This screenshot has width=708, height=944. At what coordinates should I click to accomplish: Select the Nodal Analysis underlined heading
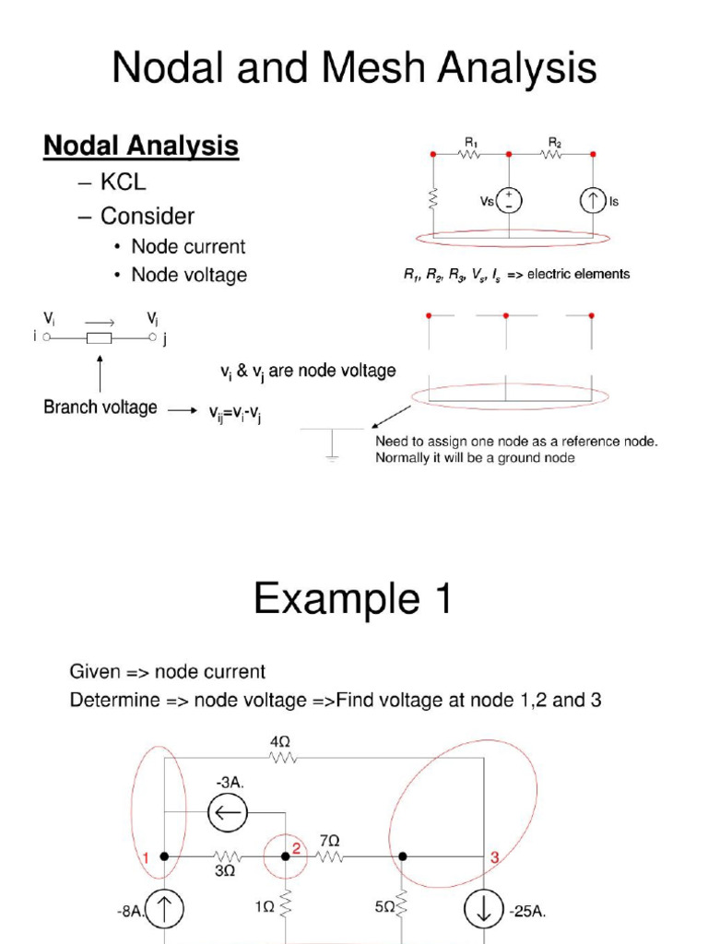point(141,146)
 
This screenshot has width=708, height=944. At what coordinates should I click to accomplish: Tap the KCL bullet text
point(123,182)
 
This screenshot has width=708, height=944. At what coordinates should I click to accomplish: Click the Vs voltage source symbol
point(508,201)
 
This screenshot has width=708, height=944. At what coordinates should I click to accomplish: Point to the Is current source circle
point(591,201)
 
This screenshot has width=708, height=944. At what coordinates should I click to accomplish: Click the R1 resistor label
point(470,142)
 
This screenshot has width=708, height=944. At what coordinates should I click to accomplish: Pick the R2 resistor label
point(555,142)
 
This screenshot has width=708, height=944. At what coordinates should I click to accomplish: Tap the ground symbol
point(331,443)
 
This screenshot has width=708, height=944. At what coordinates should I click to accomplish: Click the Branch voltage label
point(100,407)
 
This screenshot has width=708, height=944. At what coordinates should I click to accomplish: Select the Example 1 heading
point(353,600)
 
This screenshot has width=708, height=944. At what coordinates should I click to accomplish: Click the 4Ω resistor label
point(282,740)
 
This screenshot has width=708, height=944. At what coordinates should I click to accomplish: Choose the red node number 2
point(297,848)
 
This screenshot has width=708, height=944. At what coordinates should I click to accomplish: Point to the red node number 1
point(146,858)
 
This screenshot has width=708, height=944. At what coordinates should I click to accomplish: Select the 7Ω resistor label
point(329,841)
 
